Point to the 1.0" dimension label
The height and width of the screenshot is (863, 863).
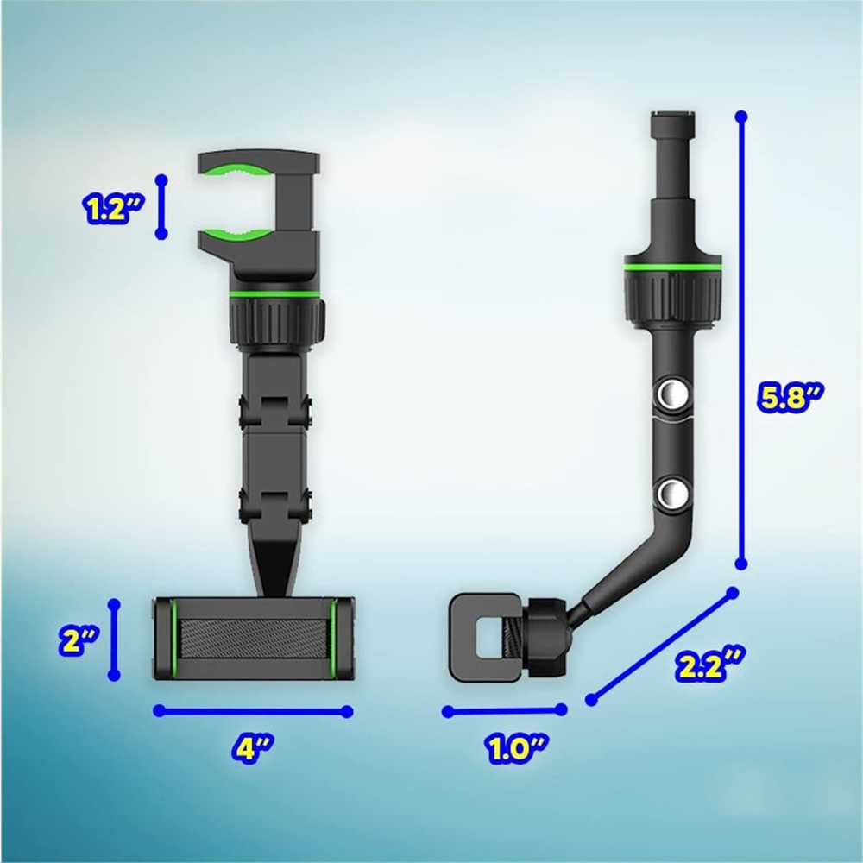click(514, 747)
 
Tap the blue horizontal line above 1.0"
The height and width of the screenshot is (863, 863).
click(504, 711)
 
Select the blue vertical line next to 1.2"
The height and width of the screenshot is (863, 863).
click(161, 205)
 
